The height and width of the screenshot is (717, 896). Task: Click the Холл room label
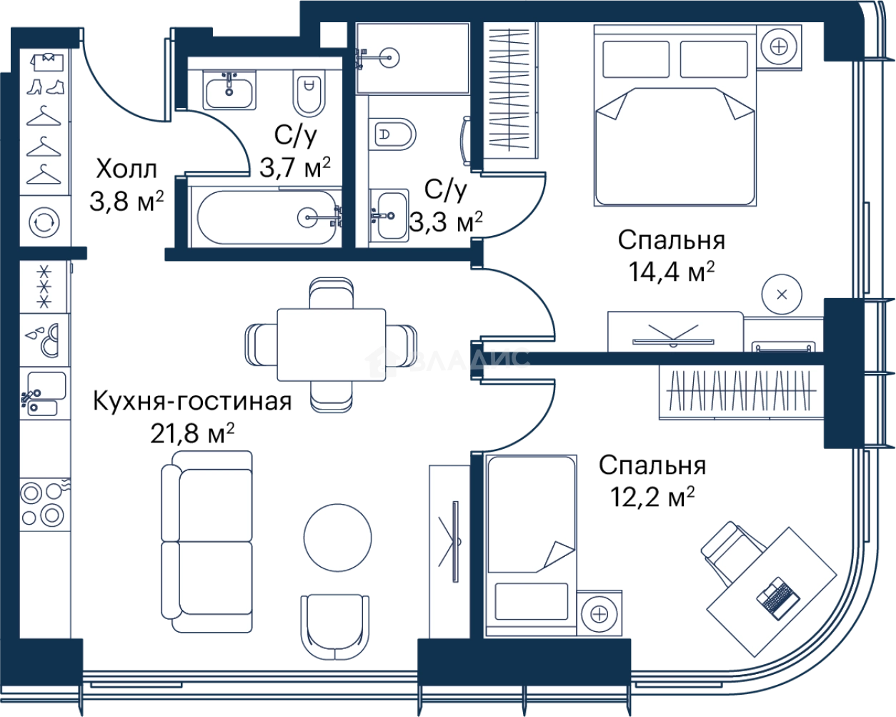[126, 169]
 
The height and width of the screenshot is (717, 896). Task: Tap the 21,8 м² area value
[192, 433]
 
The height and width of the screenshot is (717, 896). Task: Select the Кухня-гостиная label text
[192, 402]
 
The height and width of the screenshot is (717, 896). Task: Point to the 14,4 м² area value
[671, 272]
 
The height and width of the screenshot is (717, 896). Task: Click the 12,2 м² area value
[652, 497]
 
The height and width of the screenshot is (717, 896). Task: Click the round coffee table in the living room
[338, 538]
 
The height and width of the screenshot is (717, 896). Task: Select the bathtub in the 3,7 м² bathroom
[267, 217]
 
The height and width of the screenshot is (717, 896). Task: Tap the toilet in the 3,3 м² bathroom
[392, 134]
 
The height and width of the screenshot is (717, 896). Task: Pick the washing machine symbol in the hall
[44, 222]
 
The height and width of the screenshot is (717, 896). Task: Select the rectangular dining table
[332, 345]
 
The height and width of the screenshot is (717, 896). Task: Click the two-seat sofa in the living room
[207, 542]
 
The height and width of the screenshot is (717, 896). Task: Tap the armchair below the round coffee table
[335, 627]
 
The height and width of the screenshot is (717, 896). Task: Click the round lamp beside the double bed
[779, 46]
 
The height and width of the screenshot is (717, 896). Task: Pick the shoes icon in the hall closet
[46, 87]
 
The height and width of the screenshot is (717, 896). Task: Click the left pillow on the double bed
[636, 59]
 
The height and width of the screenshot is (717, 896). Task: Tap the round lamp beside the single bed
[599, 614]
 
